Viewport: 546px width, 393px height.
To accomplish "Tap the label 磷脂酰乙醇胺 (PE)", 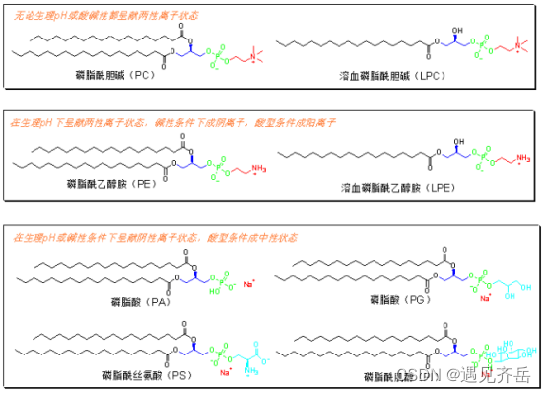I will [x=108, y=186].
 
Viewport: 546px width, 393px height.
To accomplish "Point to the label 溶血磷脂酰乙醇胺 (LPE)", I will [x=386, y=187].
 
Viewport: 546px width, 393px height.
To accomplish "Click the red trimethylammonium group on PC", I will [x=252, y=57].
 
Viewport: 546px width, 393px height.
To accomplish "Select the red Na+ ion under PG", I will [x=486, y=296].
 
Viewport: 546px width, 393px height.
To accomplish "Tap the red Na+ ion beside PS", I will [x=226, y=372].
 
